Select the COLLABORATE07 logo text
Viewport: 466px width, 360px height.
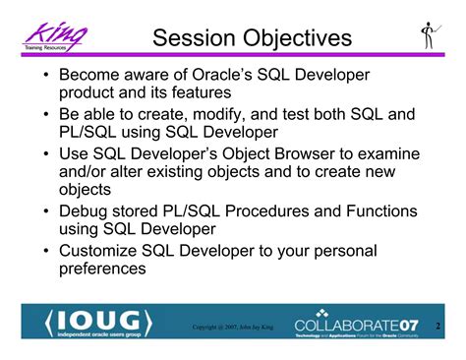pos(363,323)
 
